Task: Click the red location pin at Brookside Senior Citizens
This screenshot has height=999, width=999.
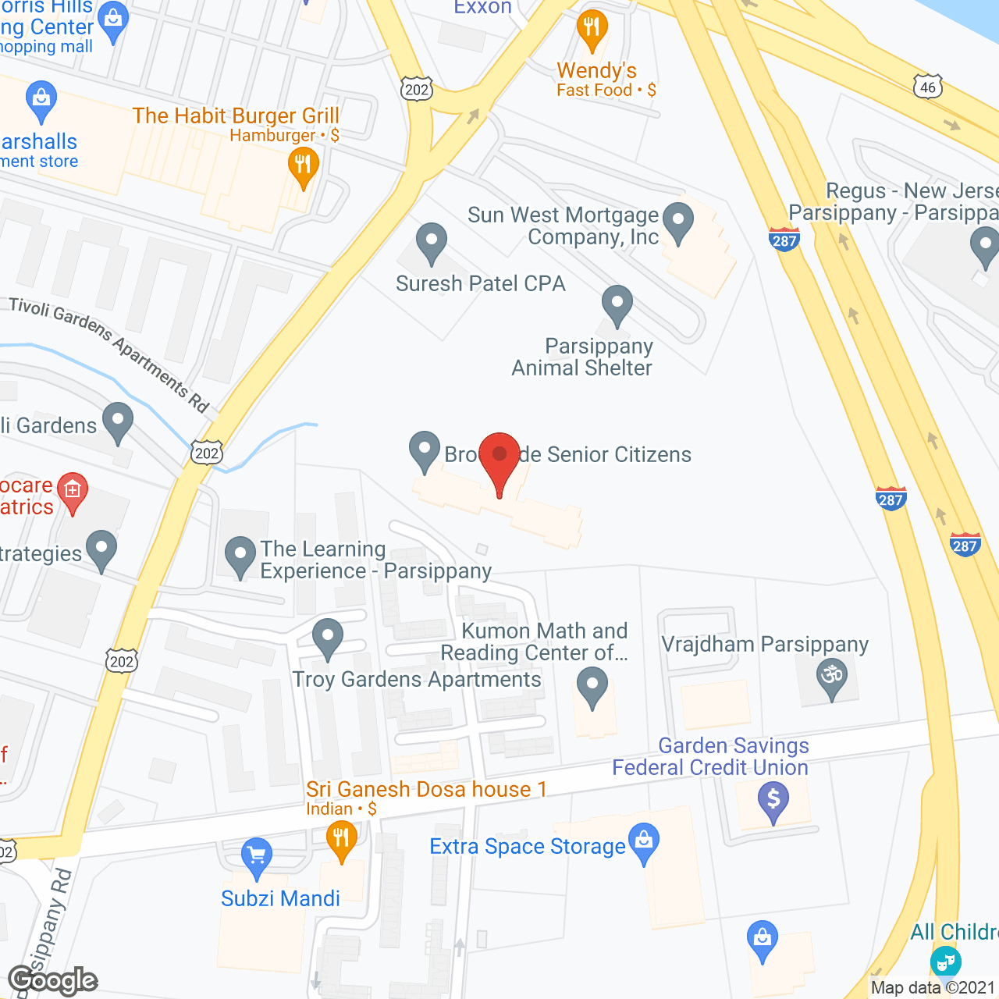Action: [x=499, y=457]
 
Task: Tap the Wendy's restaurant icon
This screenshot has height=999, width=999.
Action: [x=592, y=30]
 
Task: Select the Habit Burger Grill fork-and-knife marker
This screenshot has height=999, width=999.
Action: [x=303, y=167]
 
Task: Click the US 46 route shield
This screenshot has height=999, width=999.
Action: [x=927, y=87]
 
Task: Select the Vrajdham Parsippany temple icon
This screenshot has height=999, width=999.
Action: [x=832, y=676]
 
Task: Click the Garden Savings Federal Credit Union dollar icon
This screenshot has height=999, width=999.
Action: [x=773, y=801]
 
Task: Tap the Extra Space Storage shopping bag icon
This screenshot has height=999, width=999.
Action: [x=644, y=843]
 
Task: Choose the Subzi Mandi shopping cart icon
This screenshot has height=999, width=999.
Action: [x=256, y=857]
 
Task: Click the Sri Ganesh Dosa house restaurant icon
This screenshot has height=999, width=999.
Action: [x=341, y=841]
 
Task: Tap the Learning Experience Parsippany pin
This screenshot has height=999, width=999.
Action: [x=240, y=556]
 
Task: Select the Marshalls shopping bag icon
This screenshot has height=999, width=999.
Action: [x=41, y=100]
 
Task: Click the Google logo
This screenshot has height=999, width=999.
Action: [x=53, y=981]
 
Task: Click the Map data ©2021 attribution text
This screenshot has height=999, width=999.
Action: [x=933, y=987]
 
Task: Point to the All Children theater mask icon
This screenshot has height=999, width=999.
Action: [x=945, y=961]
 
